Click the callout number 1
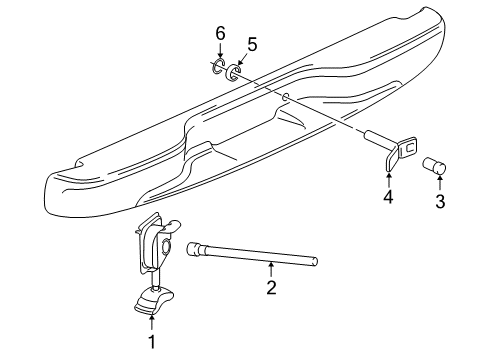click(151, 343)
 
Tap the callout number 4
click(387, 197)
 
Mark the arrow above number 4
click(388, 177)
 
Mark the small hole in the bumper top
click(285, 97)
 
